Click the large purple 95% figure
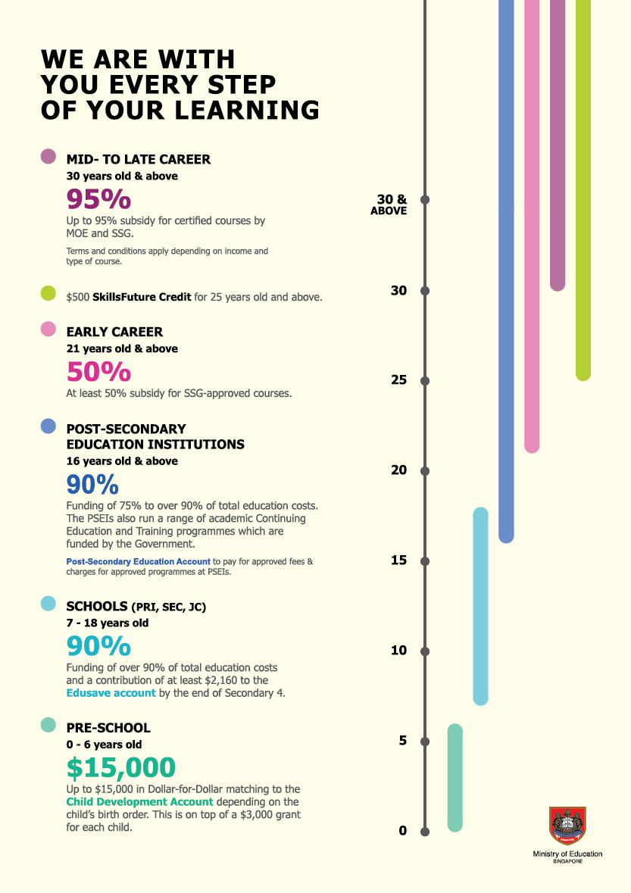pyautogui.click(x=98, y=199)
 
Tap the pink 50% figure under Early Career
pyautogui.click(x=98, y=372)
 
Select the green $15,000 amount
pyautogui.click(x=120, y=768)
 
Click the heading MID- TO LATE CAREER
pyautogui.click(x=139, y=159)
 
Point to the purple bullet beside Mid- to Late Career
pyautogui.click(x=48, y=157)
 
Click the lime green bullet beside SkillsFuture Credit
pyautogui.click(x=48, y=294)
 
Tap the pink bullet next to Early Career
pyautogui.click(x=48, y=329)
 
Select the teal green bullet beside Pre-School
pyautogui.click(x=48, y=725)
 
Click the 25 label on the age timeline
pyautogui.click(x=399, y=380)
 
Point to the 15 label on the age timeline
pyautogui.click(x=399, y=560)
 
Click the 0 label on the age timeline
pyautogui.click(x=402, y=831)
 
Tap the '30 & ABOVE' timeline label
pyautogui.click(x=389, y=205)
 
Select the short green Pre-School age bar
pyautogui.click(x=455, y=778)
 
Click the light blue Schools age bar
pyautogui.click(x=480, y=606)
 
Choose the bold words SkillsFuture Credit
pyautogui.click(x=142, y=297)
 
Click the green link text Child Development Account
pyautogui.click(x=140, y=801)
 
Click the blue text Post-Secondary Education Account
pyautogui.click(x=138, y=561)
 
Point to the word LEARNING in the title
pyautogui.click(x=247, y=109)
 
